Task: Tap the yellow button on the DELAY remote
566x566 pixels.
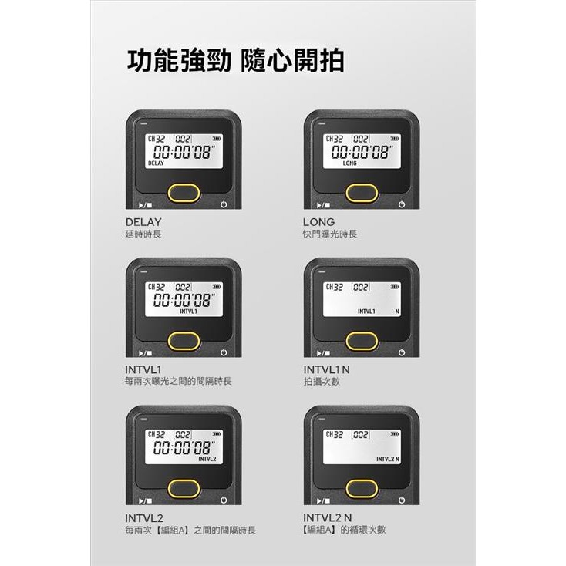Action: pyautogui.click(x=184, y=193)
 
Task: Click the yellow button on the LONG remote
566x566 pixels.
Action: pyautogui.click(x=362, y=193)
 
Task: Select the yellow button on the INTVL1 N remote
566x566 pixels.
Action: pyautogui.click(x=362, y=340)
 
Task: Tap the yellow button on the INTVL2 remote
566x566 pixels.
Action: pyautogui.click(x=184, y=488)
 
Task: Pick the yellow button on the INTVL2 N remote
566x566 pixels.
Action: pyautogui.click(x=362, y=488)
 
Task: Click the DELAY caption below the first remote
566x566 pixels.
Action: pyautogui.click(x=143, y=222)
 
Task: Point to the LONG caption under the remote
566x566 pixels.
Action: pyautogui.click(x=318, y=222)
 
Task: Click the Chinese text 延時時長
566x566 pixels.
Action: pyautogui.click(x=143, y=234)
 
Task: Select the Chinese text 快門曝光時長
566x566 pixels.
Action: pyautogui.click(x=330, y=234)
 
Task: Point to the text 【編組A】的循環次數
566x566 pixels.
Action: pyautogui.click(x=345, y=530)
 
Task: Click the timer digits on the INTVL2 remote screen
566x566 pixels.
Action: pyautogui.click(x=184, y=448)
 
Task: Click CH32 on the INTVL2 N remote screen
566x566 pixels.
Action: pyautogui.click(x=333, y=435)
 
